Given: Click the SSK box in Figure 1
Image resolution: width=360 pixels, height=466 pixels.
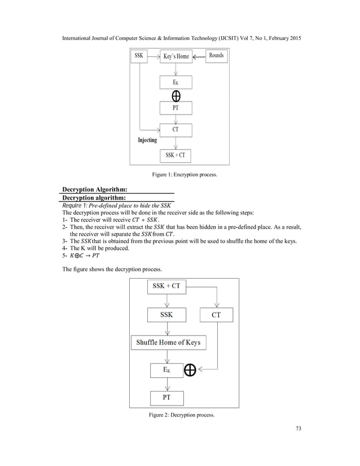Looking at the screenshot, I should (139, 56).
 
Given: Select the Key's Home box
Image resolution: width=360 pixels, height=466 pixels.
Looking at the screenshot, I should (176, 56).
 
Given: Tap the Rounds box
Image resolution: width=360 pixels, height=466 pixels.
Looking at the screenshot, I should (216, 55).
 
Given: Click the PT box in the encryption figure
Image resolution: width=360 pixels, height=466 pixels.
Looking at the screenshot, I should (176, 107).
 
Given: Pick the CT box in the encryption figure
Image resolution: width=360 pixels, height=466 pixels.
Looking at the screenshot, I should (176, 130).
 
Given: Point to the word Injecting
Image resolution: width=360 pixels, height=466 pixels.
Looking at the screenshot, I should (148, 140).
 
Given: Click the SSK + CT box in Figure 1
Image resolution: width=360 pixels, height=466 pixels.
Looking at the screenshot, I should (176, 155).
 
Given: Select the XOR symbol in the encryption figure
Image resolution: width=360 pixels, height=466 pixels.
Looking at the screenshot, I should (176, 95).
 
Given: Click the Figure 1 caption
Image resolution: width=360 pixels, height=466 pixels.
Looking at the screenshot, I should (185, 175).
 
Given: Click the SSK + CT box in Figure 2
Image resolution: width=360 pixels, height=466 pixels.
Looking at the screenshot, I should (166, 286).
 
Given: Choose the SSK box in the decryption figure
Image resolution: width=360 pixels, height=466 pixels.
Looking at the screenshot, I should (166, 314).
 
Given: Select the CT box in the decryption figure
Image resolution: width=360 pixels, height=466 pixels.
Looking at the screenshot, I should (216, 315).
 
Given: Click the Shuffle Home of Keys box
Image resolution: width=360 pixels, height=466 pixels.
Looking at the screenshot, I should (168, 342).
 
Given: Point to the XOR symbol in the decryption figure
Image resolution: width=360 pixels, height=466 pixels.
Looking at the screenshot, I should (190, 370).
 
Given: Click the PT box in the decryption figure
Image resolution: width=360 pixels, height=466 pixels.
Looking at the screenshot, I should (166, 398).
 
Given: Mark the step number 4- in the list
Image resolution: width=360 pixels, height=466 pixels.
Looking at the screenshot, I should (65, 248).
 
